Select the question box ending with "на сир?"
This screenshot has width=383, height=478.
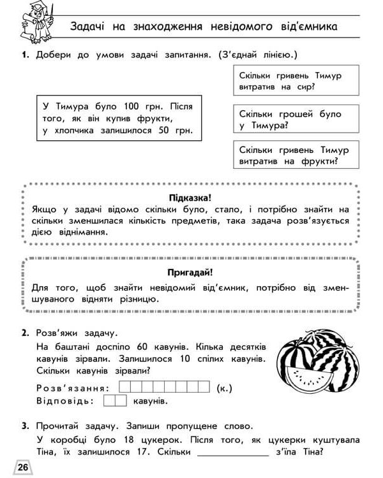[x=290, y=82]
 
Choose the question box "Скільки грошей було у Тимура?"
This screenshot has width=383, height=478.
[x=290, y=119]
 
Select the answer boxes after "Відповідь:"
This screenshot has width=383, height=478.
[x=115, y=401]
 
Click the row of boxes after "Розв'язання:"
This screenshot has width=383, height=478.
[x=165, y=387]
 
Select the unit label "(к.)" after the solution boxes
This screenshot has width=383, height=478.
[x=224, y=387]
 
